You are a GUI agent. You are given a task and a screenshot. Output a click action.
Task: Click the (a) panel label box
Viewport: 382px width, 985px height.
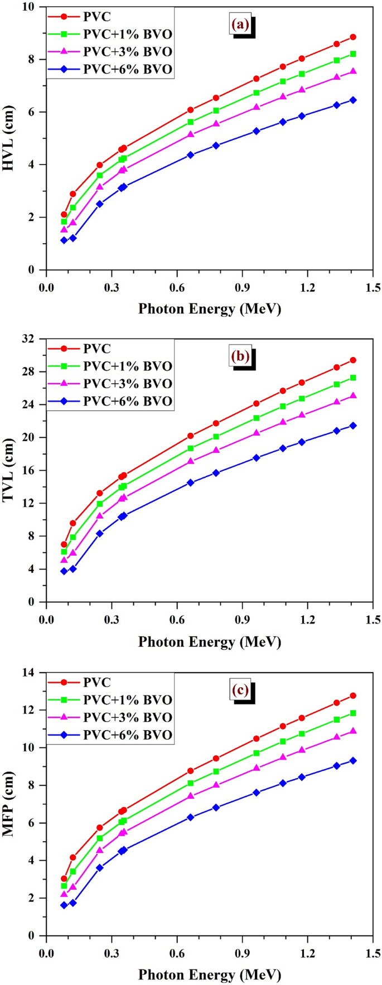click(x=240, y=25)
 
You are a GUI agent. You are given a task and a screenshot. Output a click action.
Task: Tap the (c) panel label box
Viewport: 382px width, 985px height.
click(x=240, y=690)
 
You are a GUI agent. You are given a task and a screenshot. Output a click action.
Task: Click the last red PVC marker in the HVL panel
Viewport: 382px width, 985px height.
click(x=353, y=37)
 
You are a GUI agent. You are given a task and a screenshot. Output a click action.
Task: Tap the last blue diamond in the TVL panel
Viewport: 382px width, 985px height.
click(x=353, y=426)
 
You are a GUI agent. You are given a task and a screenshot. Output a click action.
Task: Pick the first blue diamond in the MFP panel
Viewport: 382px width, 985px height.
click(x=64, y=905)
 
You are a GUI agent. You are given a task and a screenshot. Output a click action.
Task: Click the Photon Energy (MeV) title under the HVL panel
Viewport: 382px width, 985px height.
click(x=210, y=309)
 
